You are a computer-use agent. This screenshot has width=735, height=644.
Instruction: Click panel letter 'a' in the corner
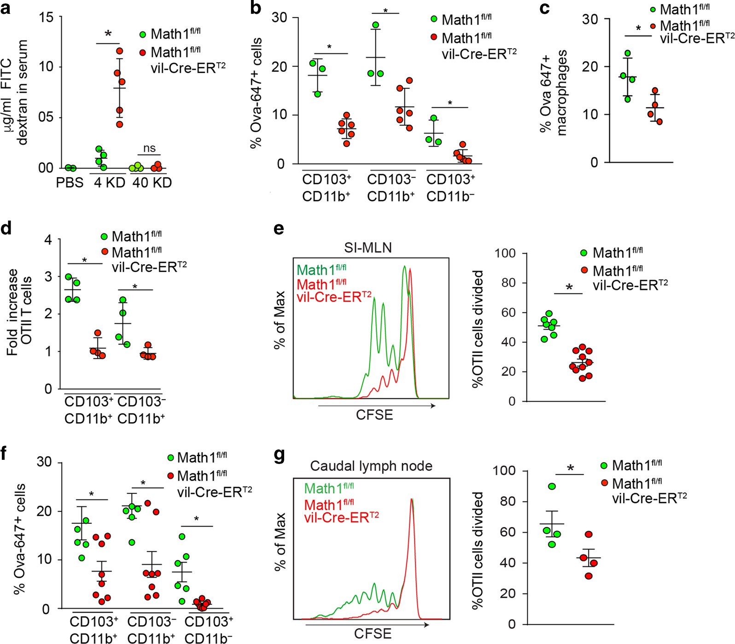pyautogui.click(x=6, y=8)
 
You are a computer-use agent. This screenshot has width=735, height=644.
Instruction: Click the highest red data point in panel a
pyautogui.click(x=120, y=51)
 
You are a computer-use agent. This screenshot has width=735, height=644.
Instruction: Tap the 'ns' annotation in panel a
pyautogui.click(x=149, y=148)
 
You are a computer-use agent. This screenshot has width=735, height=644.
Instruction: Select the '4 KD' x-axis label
pyautogui.click(x=109, y=183)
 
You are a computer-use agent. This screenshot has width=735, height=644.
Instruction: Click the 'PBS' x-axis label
pyautogui.click(x=70, y=183)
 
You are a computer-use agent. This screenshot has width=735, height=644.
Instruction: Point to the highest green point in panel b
pyautogui.click(x=376, y=25)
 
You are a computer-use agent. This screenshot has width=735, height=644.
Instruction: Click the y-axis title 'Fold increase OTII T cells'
pyautogui.click(x=19, y=313)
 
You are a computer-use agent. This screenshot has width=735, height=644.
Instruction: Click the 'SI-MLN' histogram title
pyautogui.click(x=368, y=248)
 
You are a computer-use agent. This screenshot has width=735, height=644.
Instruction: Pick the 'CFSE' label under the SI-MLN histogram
pyautogui.click(x=374, y=415)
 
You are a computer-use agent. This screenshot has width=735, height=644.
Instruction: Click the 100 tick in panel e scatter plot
pyautogui.click(x=505, y=253)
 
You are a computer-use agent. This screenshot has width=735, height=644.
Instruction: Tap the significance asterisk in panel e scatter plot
pyautogui.click(x=569, y=288)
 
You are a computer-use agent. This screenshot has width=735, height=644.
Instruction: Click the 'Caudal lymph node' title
pyautogui.click(x=371, y=466)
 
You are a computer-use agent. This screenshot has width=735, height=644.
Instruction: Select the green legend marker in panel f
pyautogui.click(x=171, y=458)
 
